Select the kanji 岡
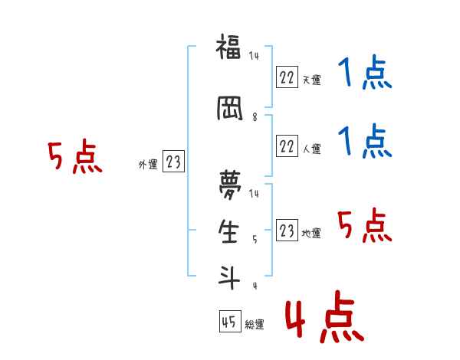click(x=228, y=110)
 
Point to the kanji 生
click(x=228, y=231)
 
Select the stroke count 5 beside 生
click(x=255, y=240)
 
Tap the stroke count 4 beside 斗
click(x=255, y=286)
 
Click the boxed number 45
click(x=229, y=322)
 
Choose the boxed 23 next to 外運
click(x=173, y=162)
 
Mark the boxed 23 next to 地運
click(x=287, y=231)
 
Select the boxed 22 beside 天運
click(x=287, y=77)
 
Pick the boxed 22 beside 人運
click(x=287, y=146)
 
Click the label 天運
click(x=311, y=80)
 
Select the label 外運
click(x=148, y=164)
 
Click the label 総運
click(x=255, y=325)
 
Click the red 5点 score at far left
click(x=74, y=158)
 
